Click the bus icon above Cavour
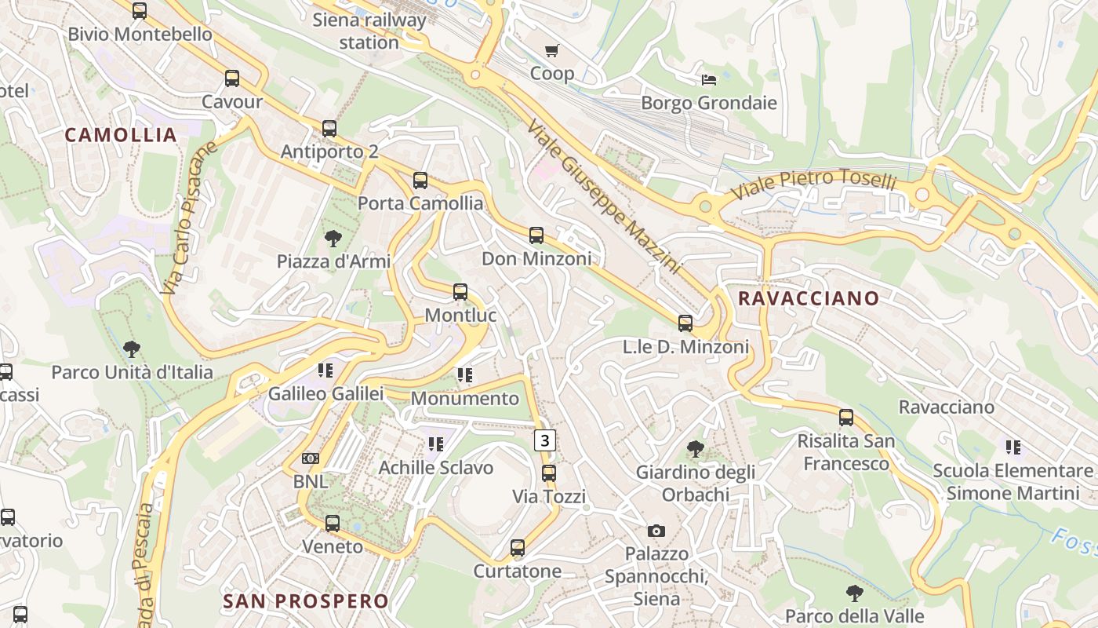pyautogui.click(x=232, y=78)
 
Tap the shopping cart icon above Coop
pyautogui.click(x=552, y=51)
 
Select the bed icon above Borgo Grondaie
pyautogui.click(x=709, y=80)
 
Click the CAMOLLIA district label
pyautogui.click(x=121, y=135)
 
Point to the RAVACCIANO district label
pyautogui.click(x=809, y=298)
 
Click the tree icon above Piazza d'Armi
pyautogui.click(x=333, y=238)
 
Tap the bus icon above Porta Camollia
pyautogui.click(x=420, y=181)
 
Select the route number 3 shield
pyautogui.click(x=545, y=440)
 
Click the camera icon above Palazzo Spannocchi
pyautogui.click(x=656, y=531)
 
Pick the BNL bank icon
pyautogui.click(x=311, y=458)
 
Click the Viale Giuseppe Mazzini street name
pyautogui.click(x=603, y=197)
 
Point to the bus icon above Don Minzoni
pyautogui.click(x=536, y=235)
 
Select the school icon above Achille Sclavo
pyautogui.click(x=436, y=444)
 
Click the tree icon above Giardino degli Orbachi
pyautogui.click(x=695, y=449)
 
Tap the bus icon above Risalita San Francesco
pyautogui.click(x=846, y=418)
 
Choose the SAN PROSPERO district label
pyautogui.click(x=306, y=601)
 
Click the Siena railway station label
pyautogui.click(x=369, y=31)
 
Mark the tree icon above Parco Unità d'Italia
pyautogui.click(x=132, y=349)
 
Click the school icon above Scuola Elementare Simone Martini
pyautogui.click(x=1013, y=447)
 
